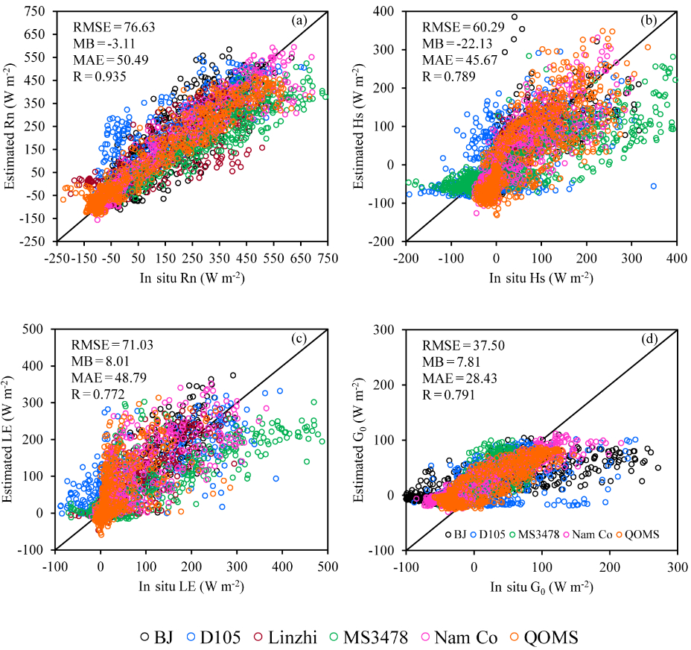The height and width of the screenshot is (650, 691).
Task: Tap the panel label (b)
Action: coord(652,21)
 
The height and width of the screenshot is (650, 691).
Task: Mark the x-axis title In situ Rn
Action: coord(192,277)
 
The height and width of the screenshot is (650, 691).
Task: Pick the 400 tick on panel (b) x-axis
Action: coord(676,257)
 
